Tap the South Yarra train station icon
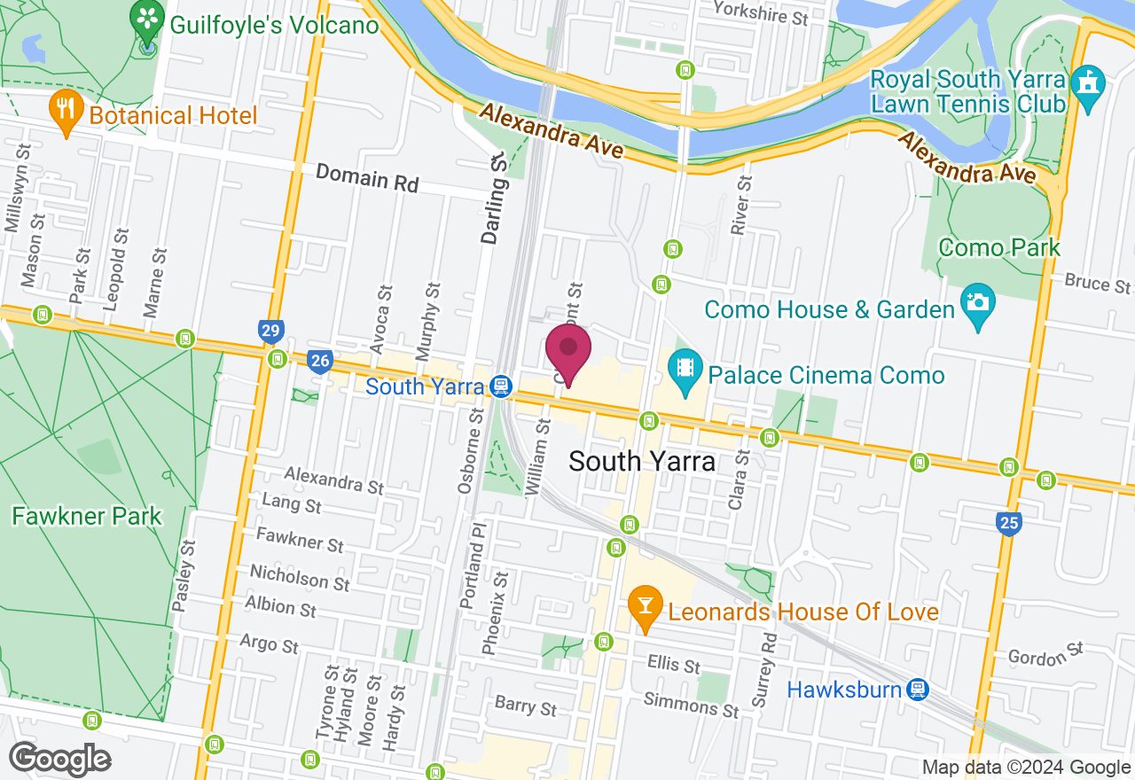click(x=501, y=386)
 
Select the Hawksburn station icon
click(x=918, y=689)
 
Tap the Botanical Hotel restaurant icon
click(x=65, y=110)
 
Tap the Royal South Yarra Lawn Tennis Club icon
click(x=1086, y=85)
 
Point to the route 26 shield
click(x=320, y=360)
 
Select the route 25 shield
click(x=1008, y=523)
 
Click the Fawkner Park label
click(x=87, y=516)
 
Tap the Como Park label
click(x=998, y=247)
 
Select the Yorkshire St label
click(x=760, y=12)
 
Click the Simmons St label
click(x=692, y=706)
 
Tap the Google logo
click(x=60, y=760)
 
